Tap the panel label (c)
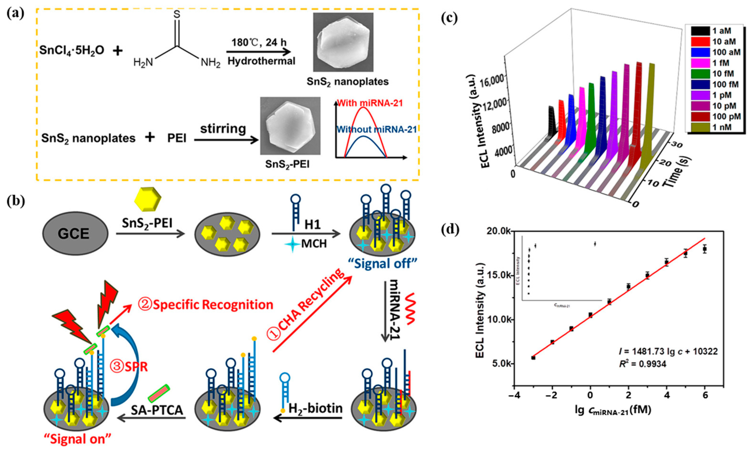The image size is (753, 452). click(449, 19)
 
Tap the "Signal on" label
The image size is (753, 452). click(77, 439)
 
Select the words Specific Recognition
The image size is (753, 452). click(213, 305)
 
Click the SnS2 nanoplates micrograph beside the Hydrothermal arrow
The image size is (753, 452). click(343, 42)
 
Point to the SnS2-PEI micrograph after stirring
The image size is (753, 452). click(290, 126)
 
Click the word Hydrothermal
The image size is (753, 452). click(262, 61)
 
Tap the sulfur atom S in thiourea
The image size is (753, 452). click(177, 14)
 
